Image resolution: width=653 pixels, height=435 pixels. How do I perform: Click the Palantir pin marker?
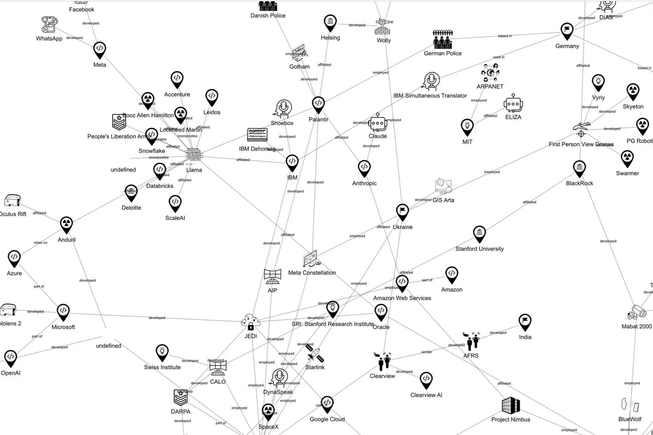(x=318, y=104)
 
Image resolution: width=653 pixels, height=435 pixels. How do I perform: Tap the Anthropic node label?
(x=364, y=183)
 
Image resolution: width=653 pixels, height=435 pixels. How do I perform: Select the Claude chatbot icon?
(x=378, y=123)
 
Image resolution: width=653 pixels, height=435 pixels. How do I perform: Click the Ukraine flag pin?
(x=402, y=212)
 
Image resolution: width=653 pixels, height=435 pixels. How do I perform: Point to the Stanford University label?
(x=479, y=249)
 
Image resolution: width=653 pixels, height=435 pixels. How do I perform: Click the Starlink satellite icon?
(x=315, y=354)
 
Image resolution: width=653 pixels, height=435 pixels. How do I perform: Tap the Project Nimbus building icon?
(x=511, y=405)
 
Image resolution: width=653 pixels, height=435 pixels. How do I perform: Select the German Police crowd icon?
(x=443, y=39)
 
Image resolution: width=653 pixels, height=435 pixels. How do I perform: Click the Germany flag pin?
(x=567, y=31)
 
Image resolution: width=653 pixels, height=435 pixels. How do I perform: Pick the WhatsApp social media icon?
(x=49, y=24)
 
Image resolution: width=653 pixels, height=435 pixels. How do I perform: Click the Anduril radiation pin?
(x=66, y=224)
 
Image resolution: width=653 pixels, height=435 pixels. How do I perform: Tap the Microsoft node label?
(x=63, y=327)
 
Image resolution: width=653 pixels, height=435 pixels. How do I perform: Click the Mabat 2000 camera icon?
(x=637, y=312)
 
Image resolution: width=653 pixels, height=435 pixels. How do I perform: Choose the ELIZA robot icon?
(x=513, y=104)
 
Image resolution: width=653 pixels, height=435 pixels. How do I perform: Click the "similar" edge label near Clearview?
(x=426, y=352)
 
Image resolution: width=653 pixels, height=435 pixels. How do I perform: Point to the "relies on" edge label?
(x=40, y=243)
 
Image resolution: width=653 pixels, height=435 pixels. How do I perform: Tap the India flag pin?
(x=525, y=322)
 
